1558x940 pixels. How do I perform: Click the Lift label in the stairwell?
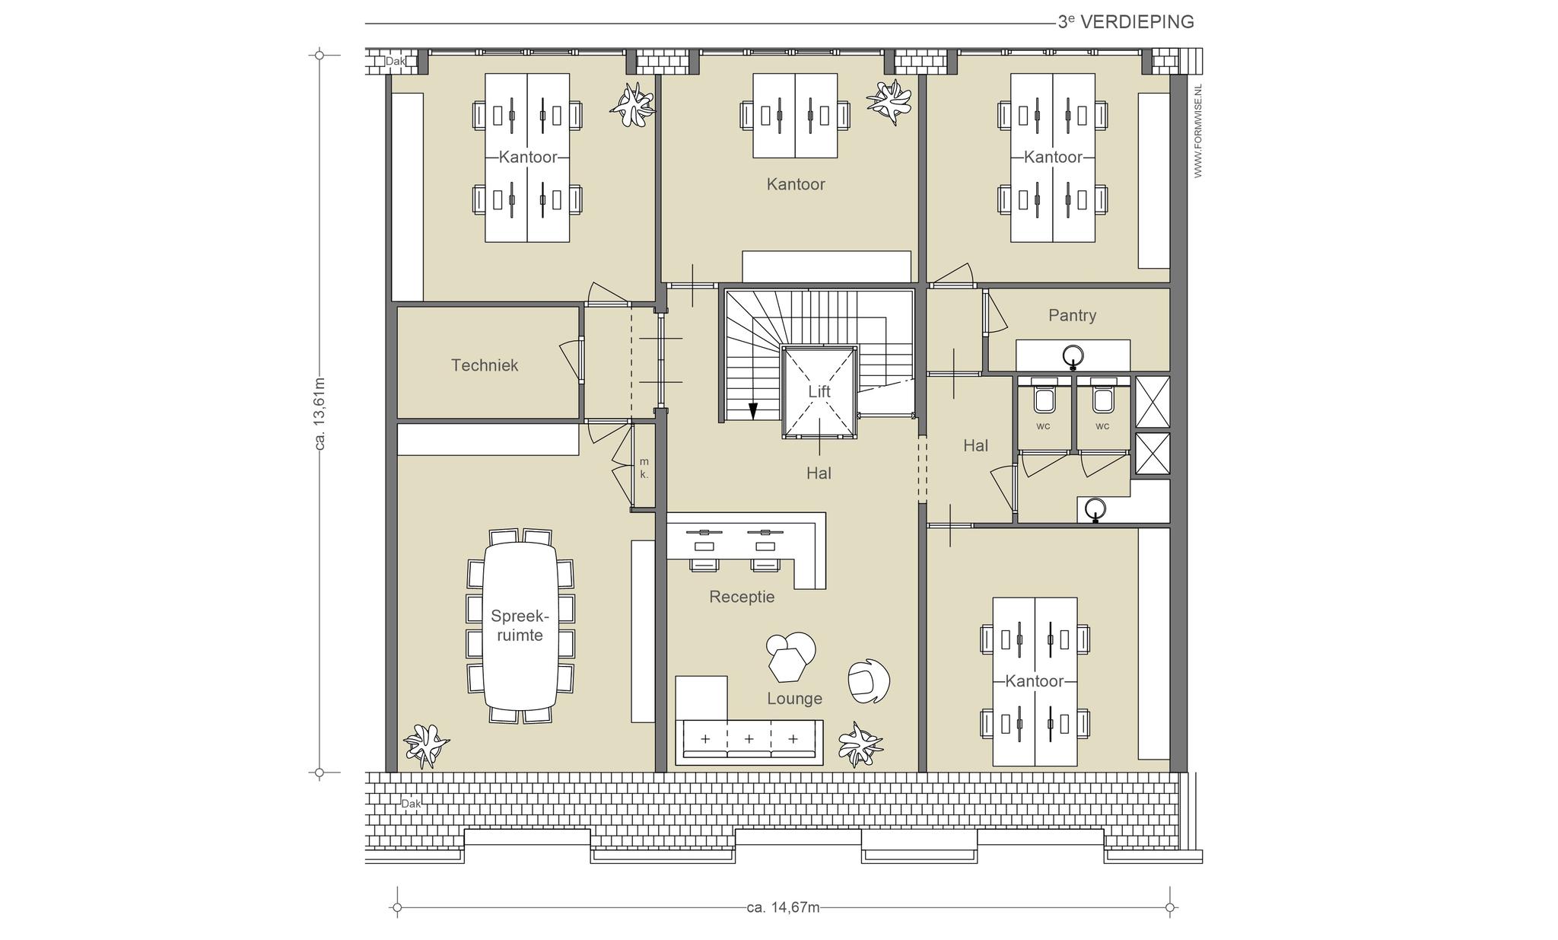[819, 391]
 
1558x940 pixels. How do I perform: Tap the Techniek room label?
[485, 365]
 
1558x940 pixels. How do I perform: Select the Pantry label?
[1072, 315]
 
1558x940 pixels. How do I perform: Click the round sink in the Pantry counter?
[1073, 355]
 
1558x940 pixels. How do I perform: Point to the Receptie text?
[742, 597]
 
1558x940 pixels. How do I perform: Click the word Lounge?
[794, 699]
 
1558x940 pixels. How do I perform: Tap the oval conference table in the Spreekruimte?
[520, 626]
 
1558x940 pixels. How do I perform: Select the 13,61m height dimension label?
[320, 413]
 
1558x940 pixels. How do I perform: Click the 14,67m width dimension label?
[783, 907]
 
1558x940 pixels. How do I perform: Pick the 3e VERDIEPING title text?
[1126, 22]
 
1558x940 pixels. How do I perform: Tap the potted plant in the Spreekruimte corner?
[426, 744]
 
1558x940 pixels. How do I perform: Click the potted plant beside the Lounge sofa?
[860, 744]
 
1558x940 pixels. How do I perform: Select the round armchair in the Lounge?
[869, 680]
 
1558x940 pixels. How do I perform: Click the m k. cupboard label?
[644, 468]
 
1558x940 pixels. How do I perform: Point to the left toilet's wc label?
[1043, 426]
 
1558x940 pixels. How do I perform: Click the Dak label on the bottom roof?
[411, 804]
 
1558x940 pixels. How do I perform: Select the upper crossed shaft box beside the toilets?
[1152, 401]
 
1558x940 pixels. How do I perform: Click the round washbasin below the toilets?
[1095, 508]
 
